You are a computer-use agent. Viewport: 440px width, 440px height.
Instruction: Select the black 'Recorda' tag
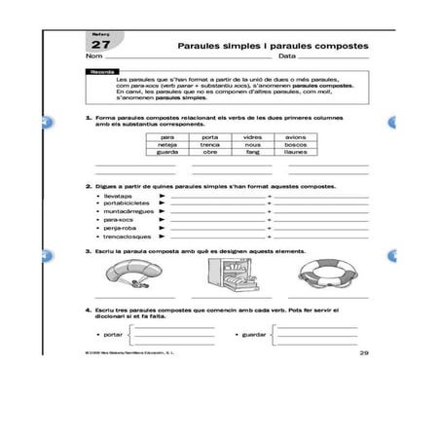[102, 72]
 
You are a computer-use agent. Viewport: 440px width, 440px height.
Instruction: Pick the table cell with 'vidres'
[253, 138]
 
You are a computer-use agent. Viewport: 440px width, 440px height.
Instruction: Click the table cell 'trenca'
[210, 146]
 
